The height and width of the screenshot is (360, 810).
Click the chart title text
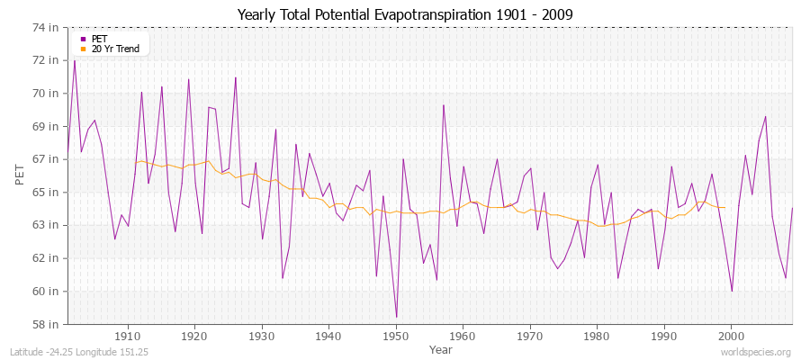[x=404, y=14]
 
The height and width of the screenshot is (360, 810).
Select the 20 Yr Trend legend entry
[x=114, y=49]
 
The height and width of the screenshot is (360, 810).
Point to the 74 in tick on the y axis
[x=47, y=27]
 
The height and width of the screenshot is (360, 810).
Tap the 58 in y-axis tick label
[x=47, y=324]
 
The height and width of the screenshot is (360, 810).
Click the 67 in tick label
[x=47, y=159]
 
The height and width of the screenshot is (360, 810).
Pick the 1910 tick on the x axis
[x=128, y=335]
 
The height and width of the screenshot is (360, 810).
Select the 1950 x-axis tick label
[x=396, y=335]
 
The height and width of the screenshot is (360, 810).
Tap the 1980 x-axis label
[x=598, y=335]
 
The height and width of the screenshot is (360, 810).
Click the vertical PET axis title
[x=20, y=175]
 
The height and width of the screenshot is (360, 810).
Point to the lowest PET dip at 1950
[x=396, y=317]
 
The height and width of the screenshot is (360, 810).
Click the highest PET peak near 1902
[x=74, y=60]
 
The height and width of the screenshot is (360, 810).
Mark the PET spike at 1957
[x=444, y=105]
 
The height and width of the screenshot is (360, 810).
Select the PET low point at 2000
[x=732, y=291]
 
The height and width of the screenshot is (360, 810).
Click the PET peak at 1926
[x=236, y=77]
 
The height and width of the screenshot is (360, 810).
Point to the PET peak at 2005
[x=766, y=116]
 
